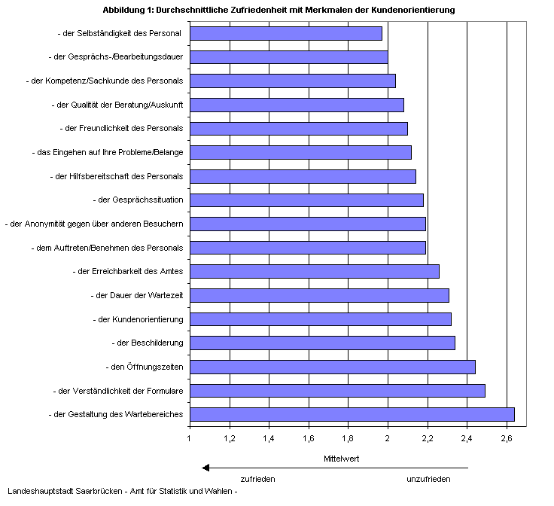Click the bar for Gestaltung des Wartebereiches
[x=352, y=414]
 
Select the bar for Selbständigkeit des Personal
[x=286, y=33]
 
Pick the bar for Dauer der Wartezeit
[x=319, y=295]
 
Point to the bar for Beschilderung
[x=322, y=343]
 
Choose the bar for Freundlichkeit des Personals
[x=298, y=129]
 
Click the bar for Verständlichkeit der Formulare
[x=337, y=391]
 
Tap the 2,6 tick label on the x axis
[x=507, y=438]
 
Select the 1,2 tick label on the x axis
[x=229, y=438]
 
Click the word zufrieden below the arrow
[x=257, y=479]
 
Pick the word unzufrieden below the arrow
[x=428, y=479]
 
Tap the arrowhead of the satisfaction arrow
[x=205, y=468]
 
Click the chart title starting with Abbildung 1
[x=278, y=10]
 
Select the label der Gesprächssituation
[x=137, y=200]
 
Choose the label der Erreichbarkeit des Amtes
[x=127, y=271]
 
